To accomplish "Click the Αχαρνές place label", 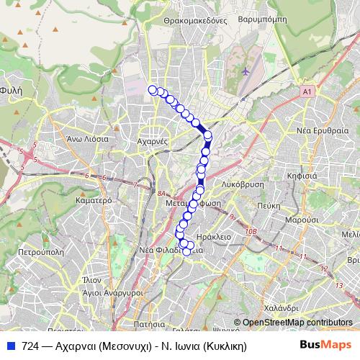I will (151, 142).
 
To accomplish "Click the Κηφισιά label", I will (302, 175).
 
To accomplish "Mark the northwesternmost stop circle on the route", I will (153, 89).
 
